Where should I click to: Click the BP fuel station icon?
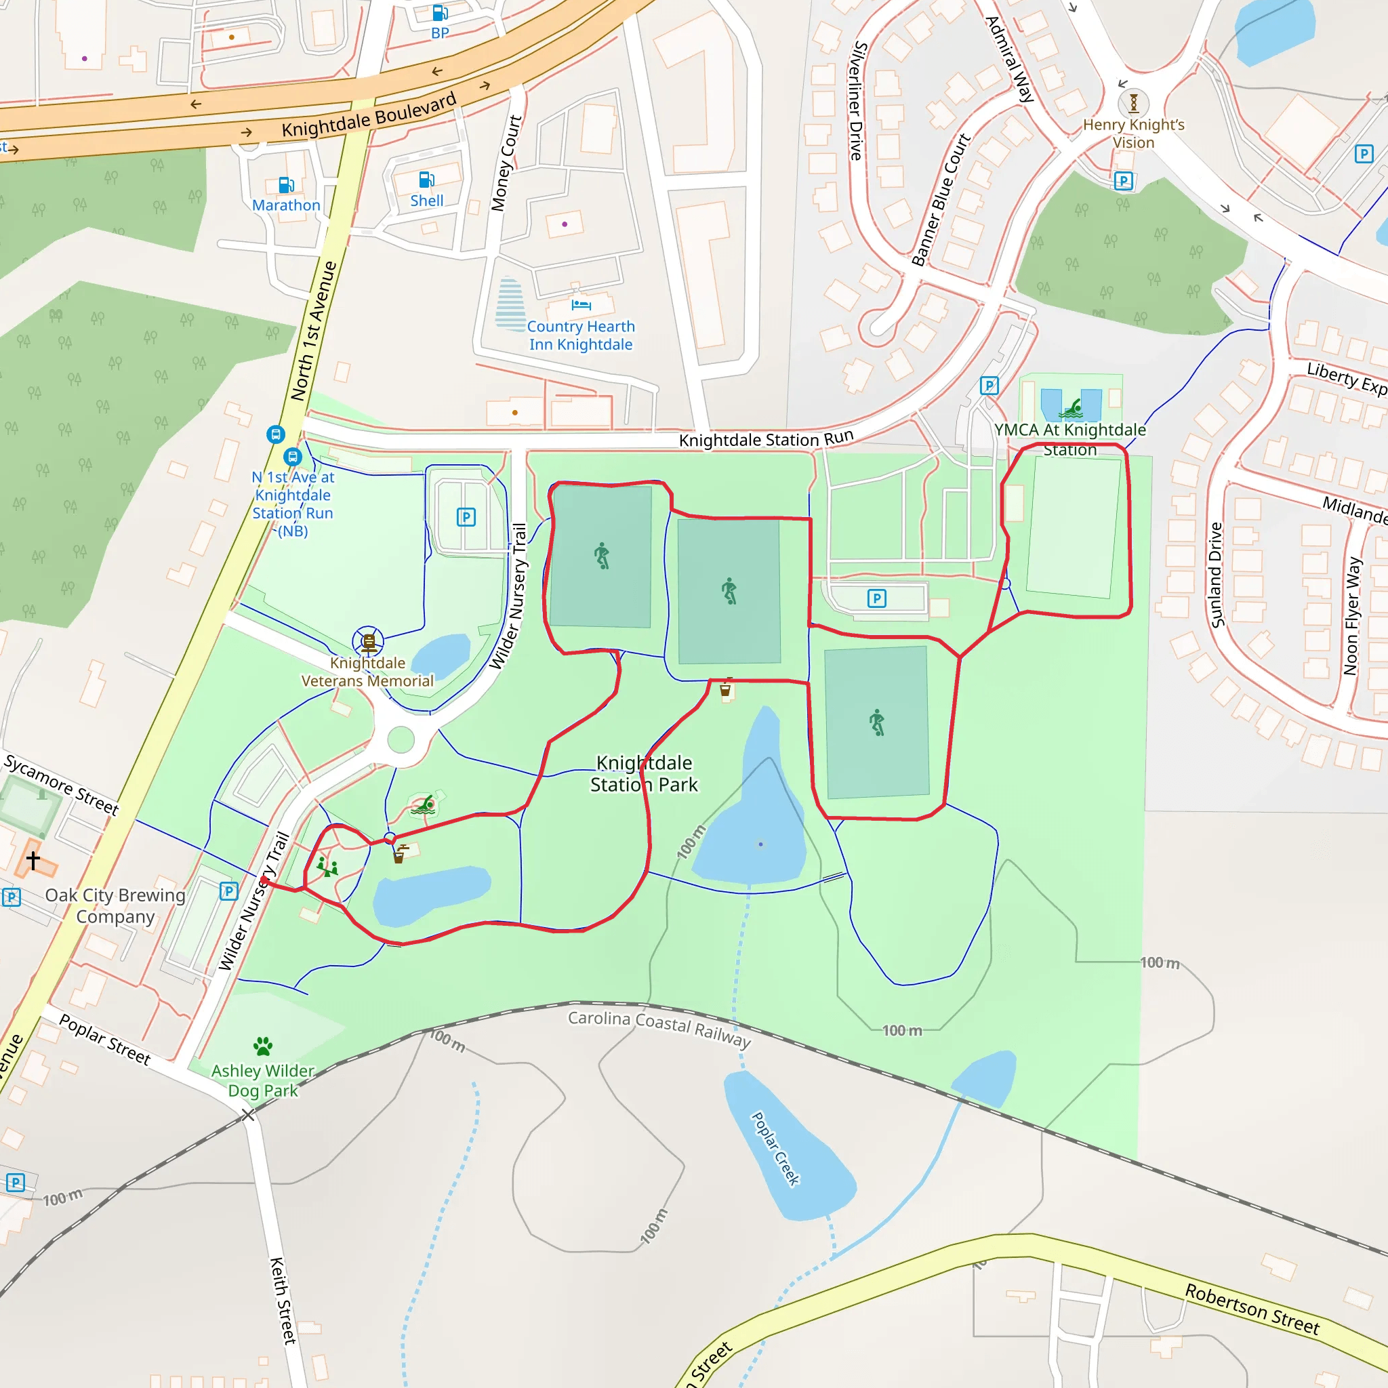440,13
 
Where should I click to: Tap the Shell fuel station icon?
426,179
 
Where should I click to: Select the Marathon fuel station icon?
286,185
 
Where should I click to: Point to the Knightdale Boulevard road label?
369,115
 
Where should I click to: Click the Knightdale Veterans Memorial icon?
368,641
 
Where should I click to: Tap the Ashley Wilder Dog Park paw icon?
263,1045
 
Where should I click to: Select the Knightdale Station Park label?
644,773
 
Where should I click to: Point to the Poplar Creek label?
775,1149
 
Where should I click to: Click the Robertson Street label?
1252,1309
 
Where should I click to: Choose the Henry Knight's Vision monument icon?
1133,104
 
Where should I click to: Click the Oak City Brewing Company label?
115,905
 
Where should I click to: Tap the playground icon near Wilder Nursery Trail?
327,866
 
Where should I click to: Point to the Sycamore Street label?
62,785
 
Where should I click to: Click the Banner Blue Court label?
941,200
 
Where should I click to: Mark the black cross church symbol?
33,859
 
